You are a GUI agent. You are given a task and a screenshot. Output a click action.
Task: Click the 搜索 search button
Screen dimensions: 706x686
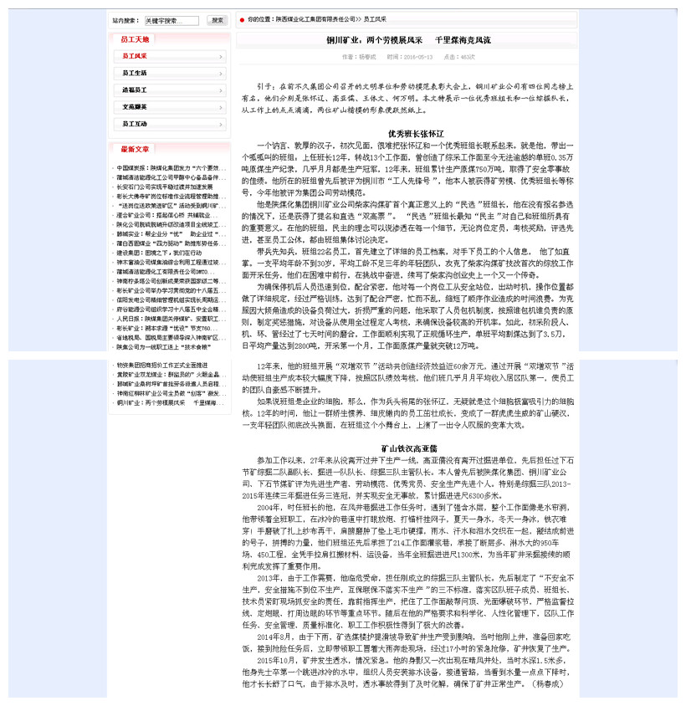[x=217, y=20]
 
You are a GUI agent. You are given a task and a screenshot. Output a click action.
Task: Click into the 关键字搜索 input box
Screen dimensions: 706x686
[x=171, y=20]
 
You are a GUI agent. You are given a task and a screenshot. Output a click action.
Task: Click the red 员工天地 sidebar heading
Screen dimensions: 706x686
[x=135, y=39]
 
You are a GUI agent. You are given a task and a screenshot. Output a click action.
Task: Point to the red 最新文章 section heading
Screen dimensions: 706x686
[x=135, y=149]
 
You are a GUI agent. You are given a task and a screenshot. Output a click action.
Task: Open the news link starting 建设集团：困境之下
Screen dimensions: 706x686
[x=159, y=252]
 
